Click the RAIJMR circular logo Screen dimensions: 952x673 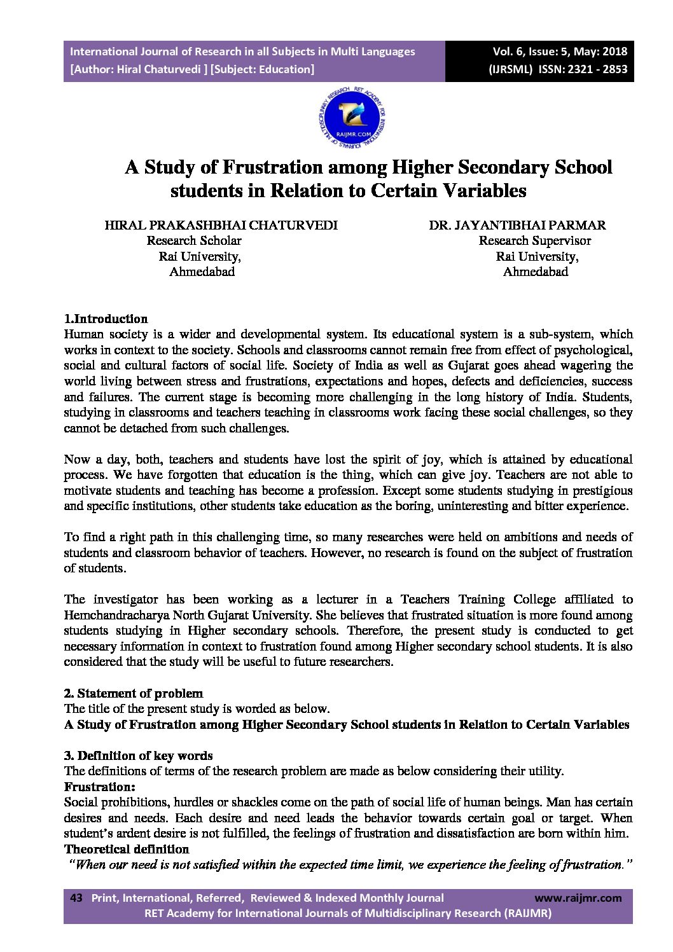click(351, 119)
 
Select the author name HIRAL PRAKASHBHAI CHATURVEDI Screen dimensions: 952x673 click(221, 225)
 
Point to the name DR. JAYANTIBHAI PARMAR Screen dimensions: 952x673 click(517, 225)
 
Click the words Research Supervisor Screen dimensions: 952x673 click(534, 241)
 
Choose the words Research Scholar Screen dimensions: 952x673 click(194, 241)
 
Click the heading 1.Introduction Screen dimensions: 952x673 click(106, 319)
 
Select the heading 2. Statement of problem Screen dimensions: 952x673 click(134, 693)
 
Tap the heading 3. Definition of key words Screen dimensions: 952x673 click(138, 755)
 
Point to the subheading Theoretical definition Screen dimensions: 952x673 click(127, 849)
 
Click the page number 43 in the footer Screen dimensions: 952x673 click(76, 898)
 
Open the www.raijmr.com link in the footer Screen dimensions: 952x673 click(578, 898)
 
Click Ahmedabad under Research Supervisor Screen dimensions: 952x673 click(536, 272)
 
